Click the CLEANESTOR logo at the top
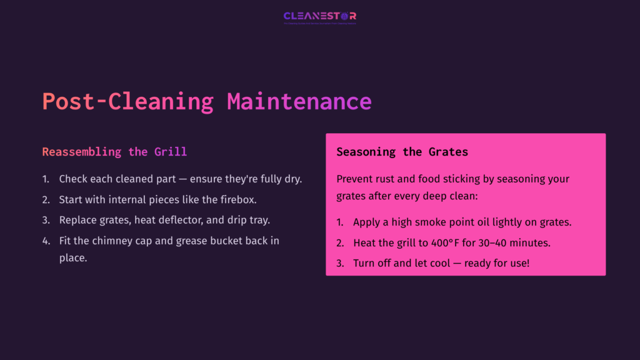(x=319, y=16)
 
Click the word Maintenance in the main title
(x=299, y=101)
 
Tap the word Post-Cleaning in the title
(x=127, y=101)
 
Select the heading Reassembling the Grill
(x=114, y=152)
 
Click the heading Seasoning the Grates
(x=402, y=152)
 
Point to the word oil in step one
(x=490, y=222)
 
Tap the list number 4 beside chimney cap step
(x=46, y=241)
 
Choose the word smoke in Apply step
(x=436, y=222)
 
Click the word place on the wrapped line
(x=72, y=257)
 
